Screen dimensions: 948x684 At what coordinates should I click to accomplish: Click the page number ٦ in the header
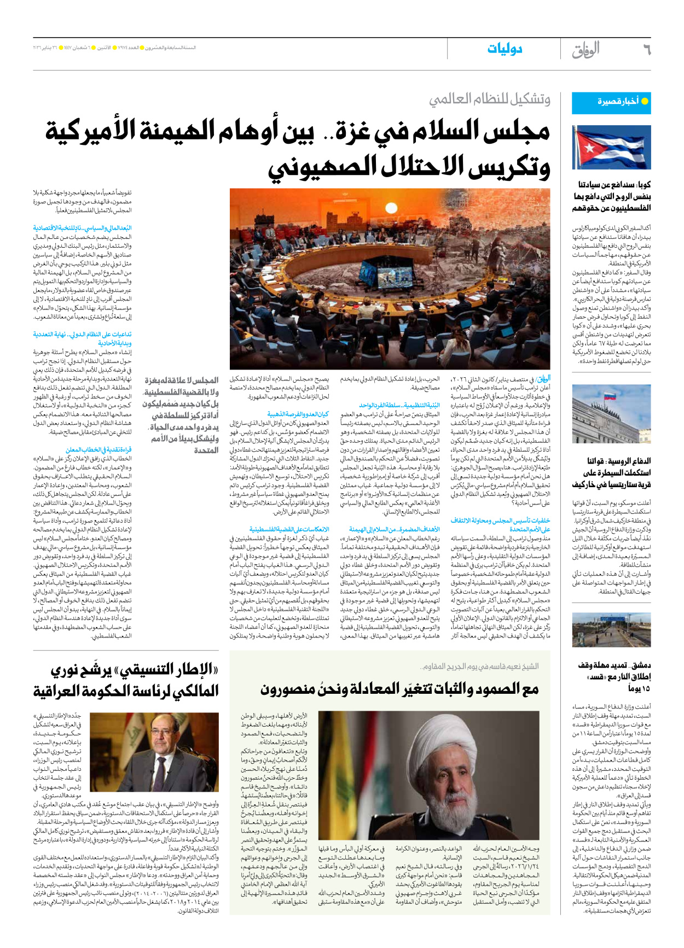646,50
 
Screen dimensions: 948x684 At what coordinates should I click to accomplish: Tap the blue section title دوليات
505,49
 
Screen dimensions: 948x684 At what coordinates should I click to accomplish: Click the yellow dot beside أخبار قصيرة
645,102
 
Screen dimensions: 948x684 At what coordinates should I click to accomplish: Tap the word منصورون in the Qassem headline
293,689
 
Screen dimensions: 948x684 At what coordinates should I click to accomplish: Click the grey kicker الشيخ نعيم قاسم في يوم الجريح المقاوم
479,666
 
